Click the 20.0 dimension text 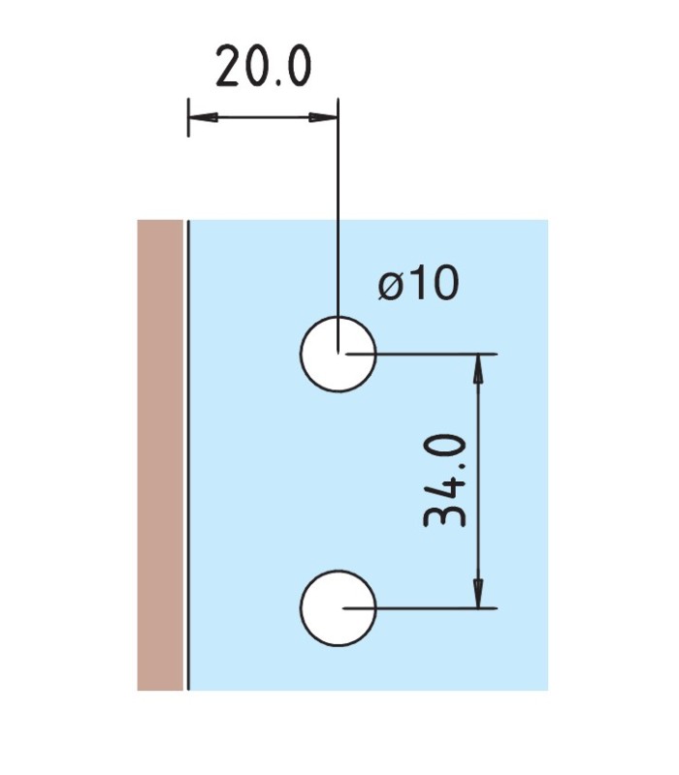(x=264, y=66)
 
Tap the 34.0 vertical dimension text (x=444, y=480)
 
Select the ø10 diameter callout (x=419, y=282)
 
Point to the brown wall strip (x=160, y=455)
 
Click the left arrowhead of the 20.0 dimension (x=203, y=117)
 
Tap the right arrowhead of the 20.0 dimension (x=323, y=117)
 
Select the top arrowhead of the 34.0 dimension (x=477, y=369)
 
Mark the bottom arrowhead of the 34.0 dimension (x=477, y=593)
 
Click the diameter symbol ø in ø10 (x=390, y=285)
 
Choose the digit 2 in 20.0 (x=229, y=66)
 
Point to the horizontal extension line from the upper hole (x=421, y=354)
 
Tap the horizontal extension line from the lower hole (x=420, y=608)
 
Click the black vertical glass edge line (x=188, y=455)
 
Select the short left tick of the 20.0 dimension (x=188, y=117)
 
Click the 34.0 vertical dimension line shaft (x=477, y=480)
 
